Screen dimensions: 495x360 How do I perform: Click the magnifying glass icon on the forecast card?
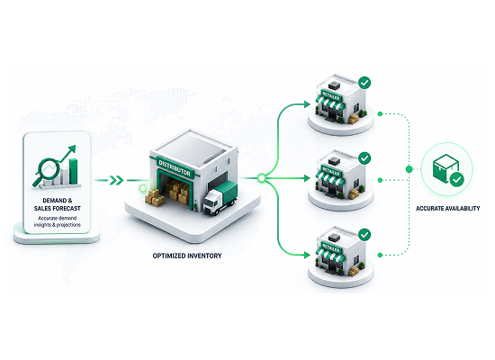click(x=47, y=170)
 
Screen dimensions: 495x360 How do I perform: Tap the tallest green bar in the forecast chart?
click(x=74, y=171)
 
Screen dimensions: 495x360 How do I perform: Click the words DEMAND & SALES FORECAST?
click(x=57, y=204)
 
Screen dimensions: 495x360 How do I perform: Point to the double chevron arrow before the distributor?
click(x=116, y=180)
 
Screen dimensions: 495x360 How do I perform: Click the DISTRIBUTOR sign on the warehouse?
click(x=175, y=167)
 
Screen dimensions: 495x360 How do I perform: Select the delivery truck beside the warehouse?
click(x=220, y=198)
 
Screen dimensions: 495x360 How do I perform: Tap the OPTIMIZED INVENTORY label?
click(x=187, y=256)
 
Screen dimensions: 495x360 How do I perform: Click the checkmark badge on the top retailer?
click(x=364, y=83)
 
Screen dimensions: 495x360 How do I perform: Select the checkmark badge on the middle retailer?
click(x=364, y=157)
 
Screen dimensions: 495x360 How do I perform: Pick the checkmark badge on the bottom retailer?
click(x=364, y=235)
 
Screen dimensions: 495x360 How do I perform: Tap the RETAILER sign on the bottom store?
click(x=331, y=248)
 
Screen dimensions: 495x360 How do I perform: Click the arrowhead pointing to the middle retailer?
click(x=307, y=178)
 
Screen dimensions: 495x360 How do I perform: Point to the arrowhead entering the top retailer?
click(x=307, y=104)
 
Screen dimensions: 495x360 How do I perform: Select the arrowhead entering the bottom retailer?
click(x=307, y=255)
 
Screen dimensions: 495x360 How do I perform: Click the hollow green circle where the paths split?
click(x=261, y=178)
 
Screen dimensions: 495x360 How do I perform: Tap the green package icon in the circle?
click(x=445, y=168)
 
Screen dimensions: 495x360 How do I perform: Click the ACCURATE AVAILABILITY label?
click(x=447, y=209)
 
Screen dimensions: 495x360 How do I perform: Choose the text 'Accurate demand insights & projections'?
click(x=57, y=221)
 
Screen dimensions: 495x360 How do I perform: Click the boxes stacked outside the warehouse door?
click(x=155, y=197)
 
